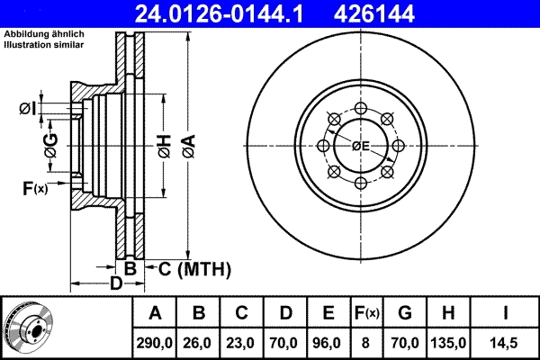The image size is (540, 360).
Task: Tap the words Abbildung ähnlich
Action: coord(44,34)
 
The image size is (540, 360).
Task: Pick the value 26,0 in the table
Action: coord(199,342)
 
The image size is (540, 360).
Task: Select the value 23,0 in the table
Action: coord(242,342)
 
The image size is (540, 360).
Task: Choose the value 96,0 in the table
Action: coord(328,342)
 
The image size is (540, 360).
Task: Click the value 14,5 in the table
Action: coord(507,342)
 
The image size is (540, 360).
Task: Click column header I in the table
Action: coord(507,313)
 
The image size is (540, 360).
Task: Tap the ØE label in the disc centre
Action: coord(361,145)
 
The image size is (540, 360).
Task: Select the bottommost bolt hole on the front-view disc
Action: coord(360,183)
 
